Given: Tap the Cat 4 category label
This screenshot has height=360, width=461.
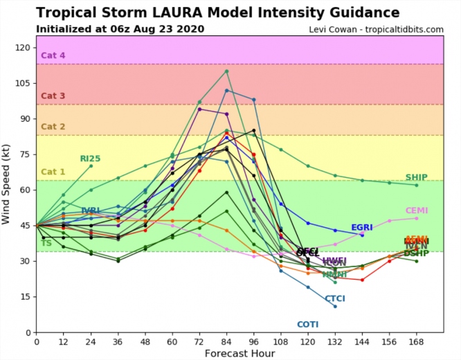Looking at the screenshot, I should coord(53,55).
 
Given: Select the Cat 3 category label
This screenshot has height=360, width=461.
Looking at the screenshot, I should coord(53,96).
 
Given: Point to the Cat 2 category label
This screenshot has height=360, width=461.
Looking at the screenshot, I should coord(53,127).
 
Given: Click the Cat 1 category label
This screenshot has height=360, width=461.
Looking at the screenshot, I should coord(53,172).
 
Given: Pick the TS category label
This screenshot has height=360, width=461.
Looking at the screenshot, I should coord(46,244).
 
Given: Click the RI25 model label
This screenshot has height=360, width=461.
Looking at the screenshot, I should coord(90,159).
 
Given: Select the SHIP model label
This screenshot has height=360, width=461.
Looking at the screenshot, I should coord(417,177).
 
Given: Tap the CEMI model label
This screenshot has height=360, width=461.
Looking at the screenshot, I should coord(417,210).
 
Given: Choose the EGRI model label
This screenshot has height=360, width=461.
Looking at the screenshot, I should coord(362,227).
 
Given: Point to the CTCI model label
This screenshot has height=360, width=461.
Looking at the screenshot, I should coord(335,298).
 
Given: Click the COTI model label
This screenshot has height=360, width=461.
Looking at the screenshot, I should coord(308,324).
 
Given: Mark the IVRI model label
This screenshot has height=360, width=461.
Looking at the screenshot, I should coord(91,210).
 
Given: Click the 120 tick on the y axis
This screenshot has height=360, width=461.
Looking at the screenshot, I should coord(24,47).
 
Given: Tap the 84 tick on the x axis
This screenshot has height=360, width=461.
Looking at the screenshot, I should coord(226,341).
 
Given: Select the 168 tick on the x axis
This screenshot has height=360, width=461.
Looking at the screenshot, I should coord(416,341).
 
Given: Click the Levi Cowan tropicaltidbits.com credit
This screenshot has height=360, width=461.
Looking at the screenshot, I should coord(377,29).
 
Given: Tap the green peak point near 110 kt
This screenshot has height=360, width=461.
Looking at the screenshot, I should coord(226,71).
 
